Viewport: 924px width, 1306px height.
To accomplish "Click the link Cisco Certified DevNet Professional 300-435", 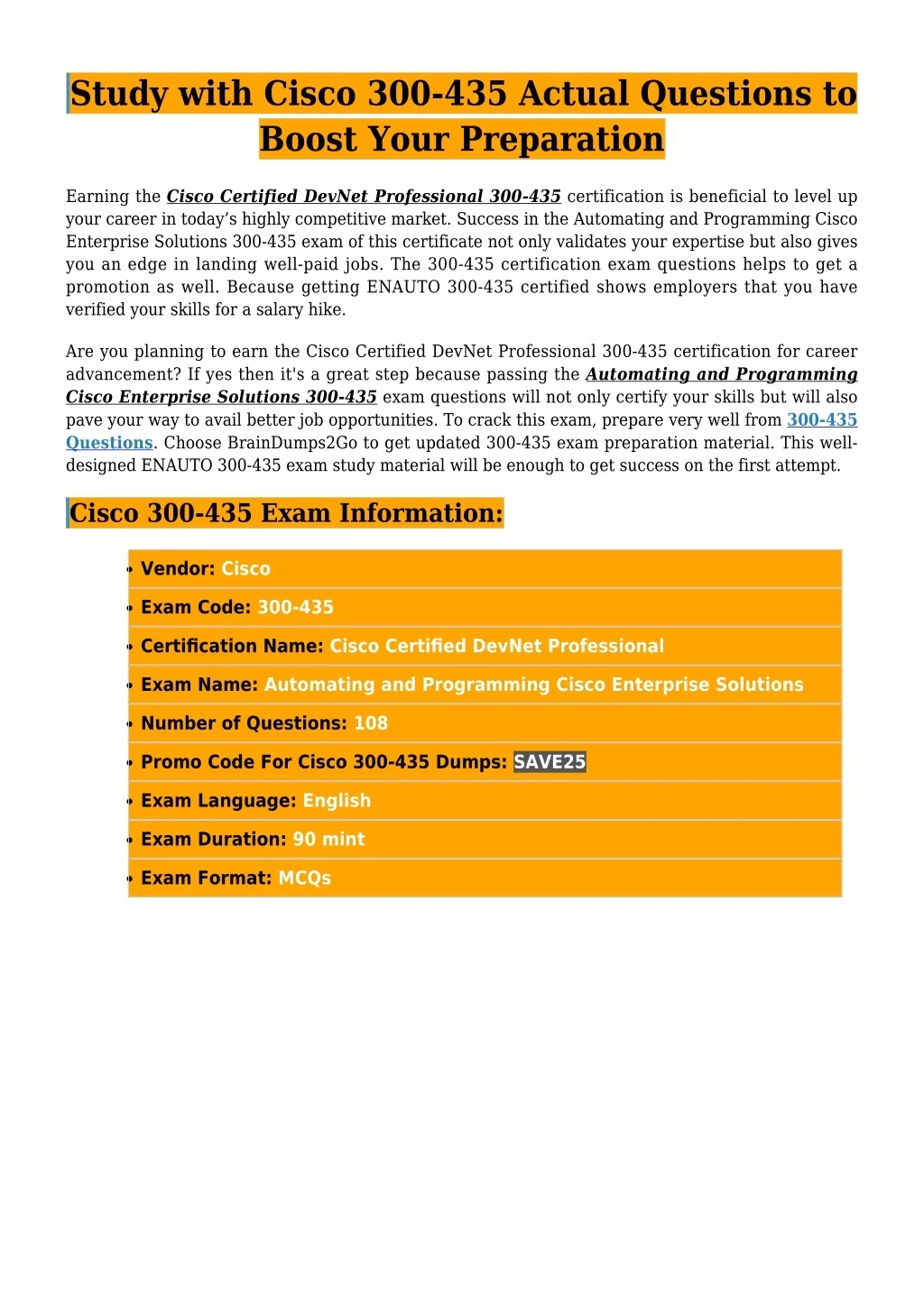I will coord(364,197).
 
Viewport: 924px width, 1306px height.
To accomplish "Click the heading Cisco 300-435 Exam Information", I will coord(286,513).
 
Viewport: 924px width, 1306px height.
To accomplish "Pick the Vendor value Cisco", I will coord(245,569).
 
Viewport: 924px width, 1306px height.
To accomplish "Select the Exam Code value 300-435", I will coord(295,608).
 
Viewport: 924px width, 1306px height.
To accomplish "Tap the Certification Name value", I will coord(496,647).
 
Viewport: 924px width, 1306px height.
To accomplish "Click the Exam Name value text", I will coord(533,685).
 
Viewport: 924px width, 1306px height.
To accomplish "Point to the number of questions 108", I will coord(370,723).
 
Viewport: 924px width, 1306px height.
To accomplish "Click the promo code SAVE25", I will coord(550,762).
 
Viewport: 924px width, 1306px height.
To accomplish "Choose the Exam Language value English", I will coord(337,801).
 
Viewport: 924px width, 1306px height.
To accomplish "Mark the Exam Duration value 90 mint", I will coord(328,840).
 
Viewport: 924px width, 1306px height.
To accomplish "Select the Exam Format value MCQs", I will coord(304,878).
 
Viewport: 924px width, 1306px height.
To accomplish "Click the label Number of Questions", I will coord(244,723).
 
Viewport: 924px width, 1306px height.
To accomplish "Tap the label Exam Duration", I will coord(214,840).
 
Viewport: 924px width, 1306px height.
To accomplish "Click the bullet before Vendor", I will coord(131,570).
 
